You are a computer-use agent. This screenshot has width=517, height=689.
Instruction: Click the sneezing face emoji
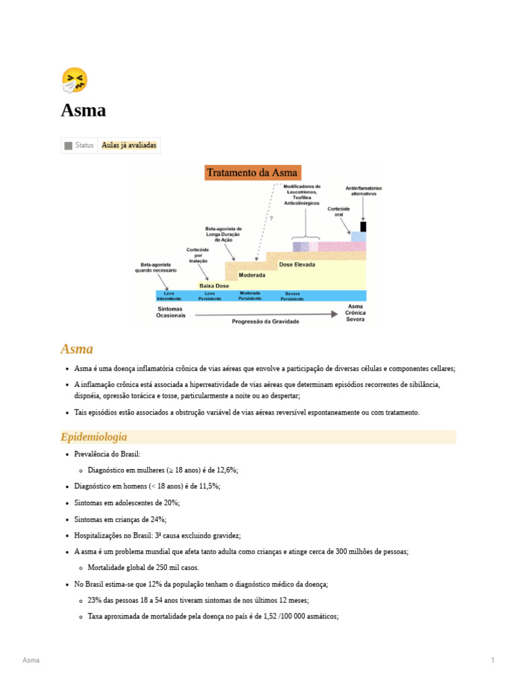pos(74,80)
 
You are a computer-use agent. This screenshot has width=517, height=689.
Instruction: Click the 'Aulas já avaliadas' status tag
pos(129,145)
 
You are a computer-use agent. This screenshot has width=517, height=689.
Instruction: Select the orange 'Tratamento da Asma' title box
pos(252,173)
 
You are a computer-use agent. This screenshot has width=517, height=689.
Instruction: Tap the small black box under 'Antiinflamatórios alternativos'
pos(364,226)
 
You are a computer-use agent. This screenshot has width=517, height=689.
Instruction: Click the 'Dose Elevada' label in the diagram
pos(297,265)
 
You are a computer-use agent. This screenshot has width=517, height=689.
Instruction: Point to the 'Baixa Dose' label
pos(213,286)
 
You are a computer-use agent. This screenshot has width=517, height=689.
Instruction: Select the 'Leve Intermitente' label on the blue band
pos(168,296)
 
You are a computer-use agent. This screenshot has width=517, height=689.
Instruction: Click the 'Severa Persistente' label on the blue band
pos(292,296)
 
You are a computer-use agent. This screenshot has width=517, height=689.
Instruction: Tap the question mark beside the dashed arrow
pos(271,218)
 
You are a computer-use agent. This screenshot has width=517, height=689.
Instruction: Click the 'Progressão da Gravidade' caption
pos(265,322)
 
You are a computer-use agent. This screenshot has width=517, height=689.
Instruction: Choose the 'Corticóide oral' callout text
pos(339,212)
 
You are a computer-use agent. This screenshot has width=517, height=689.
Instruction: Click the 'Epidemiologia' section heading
pos(94,437)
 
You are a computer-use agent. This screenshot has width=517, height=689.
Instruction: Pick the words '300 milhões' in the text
pos(357,552)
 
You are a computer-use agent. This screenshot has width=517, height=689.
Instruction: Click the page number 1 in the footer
pos(493,661)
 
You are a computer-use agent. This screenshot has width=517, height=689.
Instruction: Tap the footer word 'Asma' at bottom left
pos(31,661)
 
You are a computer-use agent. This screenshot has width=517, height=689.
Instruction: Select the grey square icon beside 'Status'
pos(68,145)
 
